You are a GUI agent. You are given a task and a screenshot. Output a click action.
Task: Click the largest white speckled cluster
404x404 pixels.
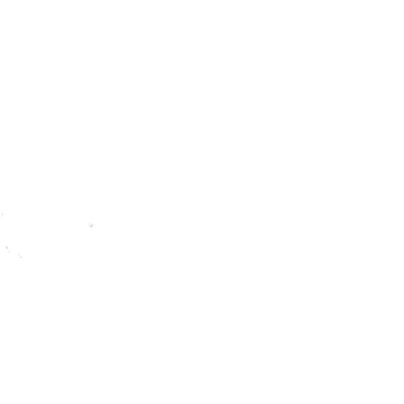(x=92, y=225)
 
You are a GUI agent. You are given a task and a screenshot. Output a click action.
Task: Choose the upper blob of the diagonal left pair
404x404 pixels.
(x=7, y=247)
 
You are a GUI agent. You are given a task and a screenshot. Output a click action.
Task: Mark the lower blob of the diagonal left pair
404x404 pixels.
(x=9, y=251)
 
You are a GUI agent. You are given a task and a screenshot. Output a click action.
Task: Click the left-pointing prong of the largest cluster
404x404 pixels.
(x=88, y=225)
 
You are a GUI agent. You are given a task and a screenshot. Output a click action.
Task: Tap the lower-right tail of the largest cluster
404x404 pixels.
(x=93, y=228)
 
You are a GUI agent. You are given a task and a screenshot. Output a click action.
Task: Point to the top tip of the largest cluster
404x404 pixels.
(x=92, y=223)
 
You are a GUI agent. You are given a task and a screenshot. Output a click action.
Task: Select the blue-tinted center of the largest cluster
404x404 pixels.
(x=92, y=226)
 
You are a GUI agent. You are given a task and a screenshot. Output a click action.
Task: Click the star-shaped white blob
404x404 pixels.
(x=92, y=225)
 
